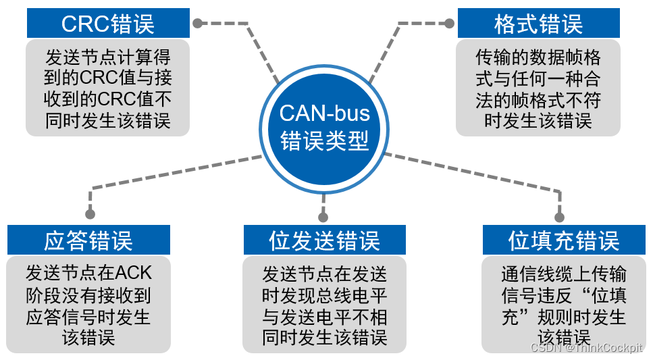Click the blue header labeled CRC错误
(108, 24)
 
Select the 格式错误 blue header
(538, 24)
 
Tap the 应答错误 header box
(88, 240)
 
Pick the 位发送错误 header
(324, 240)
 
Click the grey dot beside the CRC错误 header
(198, 23)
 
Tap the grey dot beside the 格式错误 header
(448, 23)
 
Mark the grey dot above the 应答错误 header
(90, 214)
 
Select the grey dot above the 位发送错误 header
(323, 217)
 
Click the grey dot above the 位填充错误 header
(559, 217)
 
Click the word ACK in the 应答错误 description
(134, 273)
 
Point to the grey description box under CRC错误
(108, 88)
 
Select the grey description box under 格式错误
(538, 88)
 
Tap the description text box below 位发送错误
(324, 305)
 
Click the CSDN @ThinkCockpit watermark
(586, 348)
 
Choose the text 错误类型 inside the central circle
(325, 140)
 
